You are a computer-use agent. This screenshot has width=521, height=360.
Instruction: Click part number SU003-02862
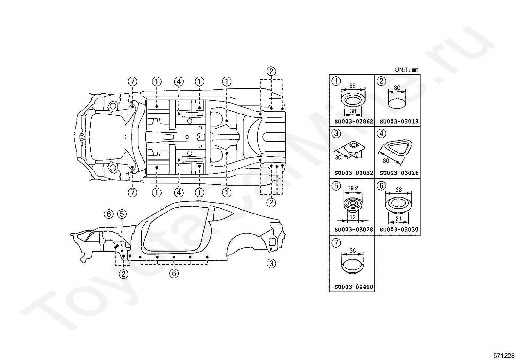tap(353, 122)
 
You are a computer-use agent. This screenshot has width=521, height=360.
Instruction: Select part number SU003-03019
tap(399, 122)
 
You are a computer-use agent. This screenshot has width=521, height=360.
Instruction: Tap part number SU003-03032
tap(353, 173)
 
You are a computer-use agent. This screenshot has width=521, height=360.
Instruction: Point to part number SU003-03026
tap(399, 173)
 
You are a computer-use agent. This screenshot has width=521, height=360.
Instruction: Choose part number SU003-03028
tap(353, 230)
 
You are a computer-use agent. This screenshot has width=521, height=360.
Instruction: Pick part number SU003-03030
tap(399, 230)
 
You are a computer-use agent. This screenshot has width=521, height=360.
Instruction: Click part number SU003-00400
tap(353, 287)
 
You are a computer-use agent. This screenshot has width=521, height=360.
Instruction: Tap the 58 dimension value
tap(352, 86)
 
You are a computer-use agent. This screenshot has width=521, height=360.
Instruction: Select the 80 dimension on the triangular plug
tap(386, 161)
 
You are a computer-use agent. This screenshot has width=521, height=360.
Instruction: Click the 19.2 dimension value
tap(353, 188)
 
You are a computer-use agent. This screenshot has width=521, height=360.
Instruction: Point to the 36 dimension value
tap(352, 251)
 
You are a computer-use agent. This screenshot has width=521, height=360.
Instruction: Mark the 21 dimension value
tap(398, 218)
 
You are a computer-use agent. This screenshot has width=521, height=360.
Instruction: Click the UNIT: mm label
tap(406, 70)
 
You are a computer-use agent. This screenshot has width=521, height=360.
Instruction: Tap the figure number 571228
tap(504, 355)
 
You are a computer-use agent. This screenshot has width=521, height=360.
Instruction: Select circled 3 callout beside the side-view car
tap(271, 264)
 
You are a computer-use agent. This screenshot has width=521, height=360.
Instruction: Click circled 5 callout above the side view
tap(122, 214)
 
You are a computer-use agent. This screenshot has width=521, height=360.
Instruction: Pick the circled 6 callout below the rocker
tap(174, 273)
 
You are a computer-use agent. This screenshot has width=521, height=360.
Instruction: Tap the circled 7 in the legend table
tap(336, 243)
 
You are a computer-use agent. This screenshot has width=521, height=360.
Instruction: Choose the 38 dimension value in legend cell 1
tap(353, 111)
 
